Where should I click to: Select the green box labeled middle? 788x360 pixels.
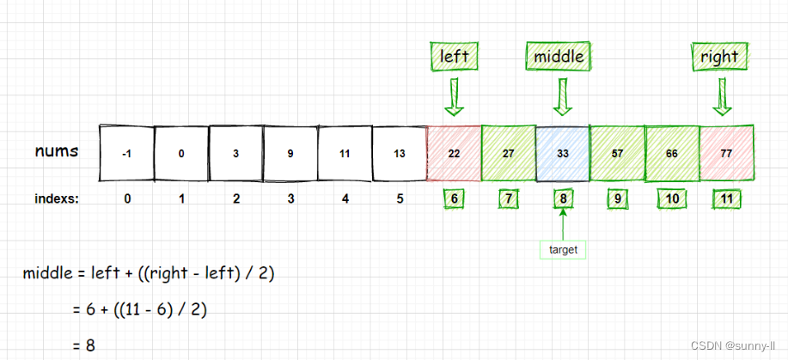click(x=559, y=57)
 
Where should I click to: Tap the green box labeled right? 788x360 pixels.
click(x=719, y=57)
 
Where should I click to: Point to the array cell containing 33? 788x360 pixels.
click(x=563, y=154)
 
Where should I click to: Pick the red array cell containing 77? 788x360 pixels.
click(x=727, y=154)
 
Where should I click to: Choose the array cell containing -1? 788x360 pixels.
click(x=126, y=154)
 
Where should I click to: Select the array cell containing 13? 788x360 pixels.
click(x=400, y=154)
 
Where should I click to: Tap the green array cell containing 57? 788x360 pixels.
click(x=617, y=154)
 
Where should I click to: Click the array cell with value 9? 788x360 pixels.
click(x=290, y=154)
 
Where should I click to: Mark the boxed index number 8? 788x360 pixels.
click(x=562, y=199)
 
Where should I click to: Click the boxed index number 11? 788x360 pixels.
click(x=727, y=199)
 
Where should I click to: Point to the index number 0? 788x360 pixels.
click(x=127, y=199)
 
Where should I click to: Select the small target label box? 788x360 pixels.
click(x=563, y=250)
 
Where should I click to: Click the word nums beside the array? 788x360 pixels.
click(x=57, y=151)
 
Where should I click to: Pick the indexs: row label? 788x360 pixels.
click(x=58, y=199)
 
